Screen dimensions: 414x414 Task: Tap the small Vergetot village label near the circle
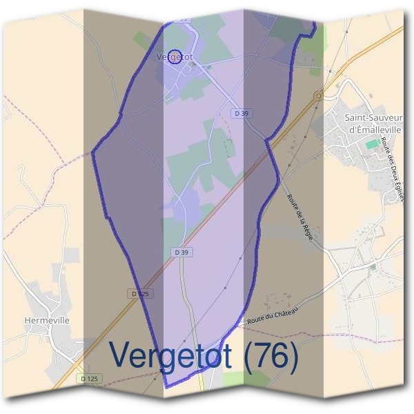click(x=172, y=57)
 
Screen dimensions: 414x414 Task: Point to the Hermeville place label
click(x=47, y=320)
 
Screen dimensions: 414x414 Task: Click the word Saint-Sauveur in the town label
click(x=373, y=118)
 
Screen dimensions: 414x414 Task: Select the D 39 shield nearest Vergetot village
click(x=240, y=112)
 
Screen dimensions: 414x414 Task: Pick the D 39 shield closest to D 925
click(x=181, y=253)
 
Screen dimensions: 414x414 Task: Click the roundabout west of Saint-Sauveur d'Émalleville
click(x=318, y=95)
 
